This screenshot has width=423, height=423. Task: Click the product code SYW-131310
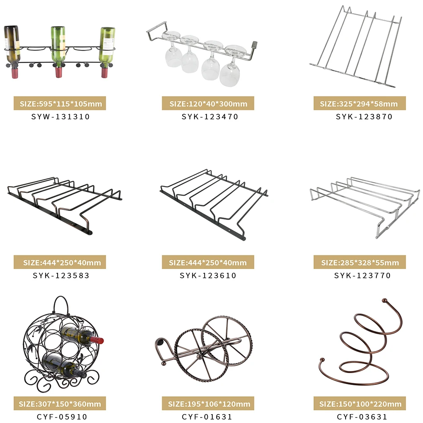[61, 116]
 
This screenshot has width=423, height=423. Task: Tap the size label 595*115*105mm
[60, 104]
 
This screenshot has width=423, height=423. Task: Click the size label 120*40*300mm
[208, 104]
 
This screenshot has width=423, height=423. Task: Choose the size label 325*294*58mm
[359, 104]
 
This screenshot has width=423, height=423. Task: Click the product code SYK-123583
[61, 275]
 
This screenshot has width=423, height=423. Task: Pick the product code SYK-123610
[208, 275]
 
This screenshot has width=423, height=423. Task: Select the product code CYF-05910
[61, 417]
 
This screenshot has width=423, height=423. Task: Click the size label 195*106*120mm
[208, 404]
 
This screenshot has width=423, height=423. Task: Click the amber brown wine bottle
[13, 47]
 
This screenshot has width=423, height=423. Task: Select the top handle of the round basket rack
[60, 304]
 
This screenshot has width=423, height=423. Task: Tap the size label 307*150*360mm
[60, 404]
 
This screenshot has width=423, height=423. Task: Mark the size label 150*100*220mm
[359, 404]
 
